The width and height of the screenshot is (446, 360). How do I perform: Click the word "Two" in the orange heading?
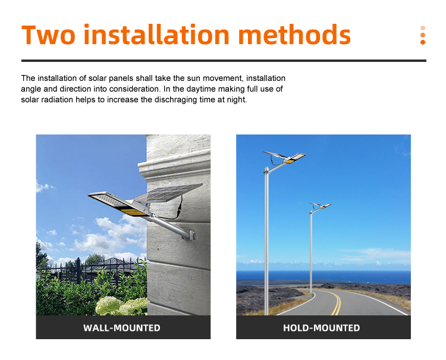[48, 35]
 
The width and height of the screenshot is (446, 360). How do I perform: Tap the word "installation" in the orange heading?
[156, 35]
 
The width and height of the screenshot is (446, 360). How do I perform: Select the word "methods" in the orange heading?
[294, 35]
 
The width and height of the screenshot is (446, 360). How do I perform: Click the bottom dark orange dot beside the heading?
[423, 42]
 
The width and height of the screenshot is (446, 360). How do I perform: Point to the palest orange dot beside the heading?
[423, 28]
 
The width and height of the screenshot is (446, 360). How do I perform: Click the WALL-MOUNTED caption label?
[122, 328]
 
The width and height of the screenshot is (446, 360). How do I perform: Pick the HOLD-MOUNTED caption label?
[321, 328]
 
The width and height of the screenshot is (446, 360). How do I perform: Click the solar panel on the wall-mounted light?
[168, 193]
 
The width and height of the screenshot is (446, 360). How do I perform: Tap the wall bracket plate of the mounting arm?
[191, 235]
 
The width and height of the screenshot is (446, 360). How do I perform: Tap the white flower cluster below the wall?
[121, 306]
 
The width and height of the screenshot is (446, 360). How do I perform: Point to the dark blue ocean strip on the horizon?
[323, 276]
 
